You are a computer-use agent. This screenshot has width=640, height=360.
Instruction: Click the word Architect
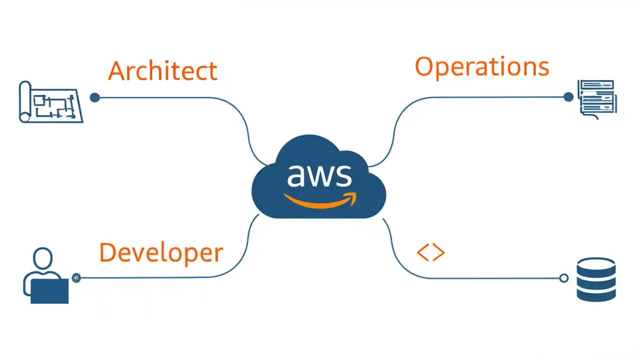tap(162, 70)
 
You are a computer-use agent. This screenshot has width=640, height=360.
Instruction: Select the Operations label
tap(481, 67)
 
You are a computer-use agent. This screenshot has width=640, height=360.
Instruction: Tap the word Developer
tap(161, 252)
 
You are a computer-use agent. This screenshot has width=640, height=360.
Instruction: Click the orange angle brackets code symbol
tap(430, 253)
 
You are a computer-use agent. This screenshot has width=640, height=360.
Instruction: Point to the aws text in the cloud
tap(319, 174)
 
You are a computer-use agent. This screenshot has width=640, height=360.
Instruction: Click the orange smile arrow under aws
tap(320, 200)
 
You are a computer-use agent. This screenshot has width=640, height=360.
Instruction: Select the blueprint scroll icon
tap(50, 102)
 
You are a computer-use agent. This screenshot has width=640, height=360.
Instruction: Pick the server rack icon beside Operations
tap(597, 99)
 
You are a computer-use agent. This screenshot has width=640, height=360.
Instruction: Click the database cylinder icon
tap(595, 279)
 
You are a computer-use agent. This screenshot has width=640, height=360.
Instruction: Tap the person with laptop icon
tap(46, 276)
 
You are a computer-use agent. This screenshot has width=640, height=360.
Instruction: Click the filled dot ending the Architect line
tap(95, 97)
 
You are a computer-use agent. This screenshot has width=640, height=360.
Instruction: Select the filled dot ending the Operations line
tap(568, 97)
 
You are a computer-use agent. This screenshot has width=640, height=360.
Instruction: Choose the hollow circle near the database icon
tap(563, 278)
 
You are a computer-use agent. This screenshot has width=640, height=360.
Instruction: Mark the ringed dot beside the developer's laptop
tap(76, 278)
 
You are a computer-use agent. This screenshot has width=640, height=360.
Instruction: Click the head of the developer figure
tap(42, 258)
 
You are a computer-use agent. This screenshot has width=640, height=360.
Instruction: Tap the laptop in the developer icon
tap(49, 291)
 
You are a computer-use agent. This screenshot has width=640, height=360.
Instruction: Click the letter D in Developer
tap(107, 252)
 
